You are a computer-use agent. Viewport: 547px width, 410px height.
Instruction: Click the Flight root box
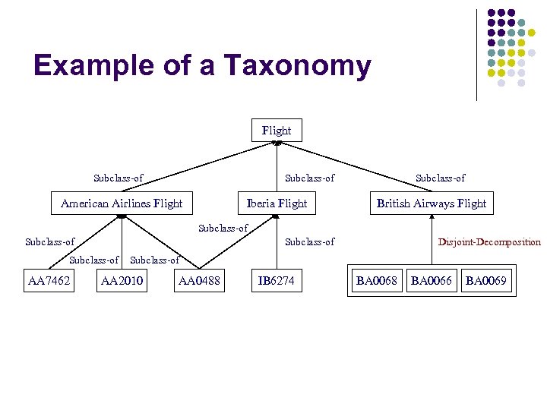click(276, 130)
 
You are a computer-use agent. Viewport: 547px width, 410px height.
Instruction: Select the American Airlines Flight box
click(122, 203)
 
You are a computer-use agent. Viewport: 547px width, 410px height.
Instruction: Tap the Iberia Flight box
click(277, 203)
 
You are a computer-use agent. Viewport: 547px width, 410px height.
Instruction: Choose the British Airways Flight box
click(431, 203)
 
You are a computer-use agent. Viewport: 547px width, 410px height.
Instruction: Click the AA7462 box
click(49, 282)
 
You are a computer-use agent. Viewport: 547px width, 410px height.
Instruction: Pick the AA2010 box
click(122, 282)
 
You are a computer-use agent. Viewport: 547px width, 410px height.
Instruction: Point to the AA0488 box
click(198, 282)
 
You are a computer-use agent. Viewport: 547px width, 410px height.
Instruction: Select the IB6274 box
click(276, 282)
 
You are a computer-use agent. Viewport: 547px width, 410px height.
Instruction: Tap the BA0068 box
click(377, 282)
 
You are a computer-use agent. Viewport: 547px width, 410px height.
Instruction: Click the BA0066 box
click(431, 282)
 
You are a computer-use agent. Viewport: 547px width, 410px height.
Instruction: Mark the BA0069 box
click(486, 282)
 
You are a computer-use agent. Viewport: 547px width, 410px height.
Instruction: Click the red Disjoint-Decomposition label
click(489, 242)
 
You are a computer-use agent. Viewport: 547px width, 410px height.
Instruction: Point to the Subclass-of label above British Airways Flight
click(440, 178)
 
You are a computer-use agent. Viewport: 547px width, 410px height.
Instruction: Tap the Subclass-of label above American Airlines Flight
click(118, 178)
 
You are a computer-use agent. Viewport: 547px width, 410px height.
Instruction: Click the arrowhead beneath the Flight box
click(277, 143)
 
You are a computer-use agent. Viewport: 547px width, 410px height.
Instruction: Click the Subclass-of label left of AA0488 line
click(155, 260)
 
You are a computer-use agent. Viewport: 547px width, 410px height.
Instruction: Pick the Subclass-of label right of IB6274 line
click(309, 242)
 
